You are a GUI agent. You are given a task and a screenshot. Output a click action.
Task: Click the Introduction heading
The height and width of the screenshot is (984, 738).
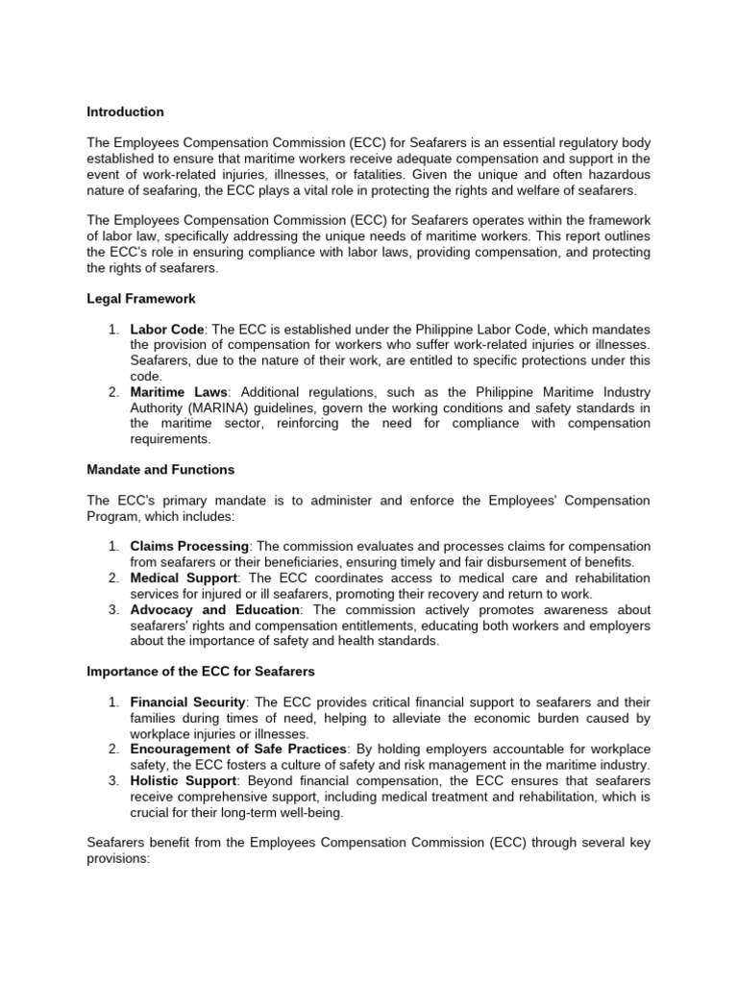pyautogui.click(x=125, y=112)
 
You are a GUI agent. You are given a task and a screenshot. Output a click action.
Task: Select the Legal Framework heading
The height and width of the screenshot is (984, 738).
pyautogui.click(x=140, y=299)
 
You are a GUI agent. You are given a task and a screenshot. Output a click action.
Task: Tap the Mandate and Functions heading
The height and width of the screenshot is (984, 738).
pyautogui.click(x=160, y=470)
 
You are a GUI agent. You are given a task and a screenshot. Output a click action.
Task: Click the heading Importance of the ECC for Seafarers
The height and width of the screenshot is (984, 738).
pyautogui.click(x=200, y=670)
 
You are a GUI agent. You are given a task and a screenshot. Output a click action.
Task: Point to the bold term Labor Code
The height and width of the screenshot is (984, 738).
pyautogui.click(x=166, y=330)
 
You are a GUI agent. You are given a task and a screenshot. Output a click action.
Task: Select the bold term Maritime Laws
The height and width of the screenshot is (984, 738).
pyautogui.click(x=179, y=392)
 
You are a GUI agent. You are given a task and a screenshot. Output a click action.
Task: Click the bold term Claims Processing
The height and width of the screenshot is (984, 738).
pyautogui.click(x=189, y=546)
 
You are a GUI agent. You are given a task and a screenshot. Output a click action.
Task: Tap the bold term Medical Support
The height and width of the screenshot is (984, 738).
pyautogui.click(x=183, y=578)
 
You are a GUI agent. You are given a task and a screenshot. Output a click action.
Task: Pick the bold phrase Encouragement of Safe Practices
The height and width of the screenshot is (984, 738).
pyautogui.click(x=236, y=749)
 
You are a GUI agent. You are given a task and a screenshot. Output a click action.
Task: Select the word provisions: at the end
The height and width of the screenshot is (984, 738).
pyautogui.click(x=120, y=857)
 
